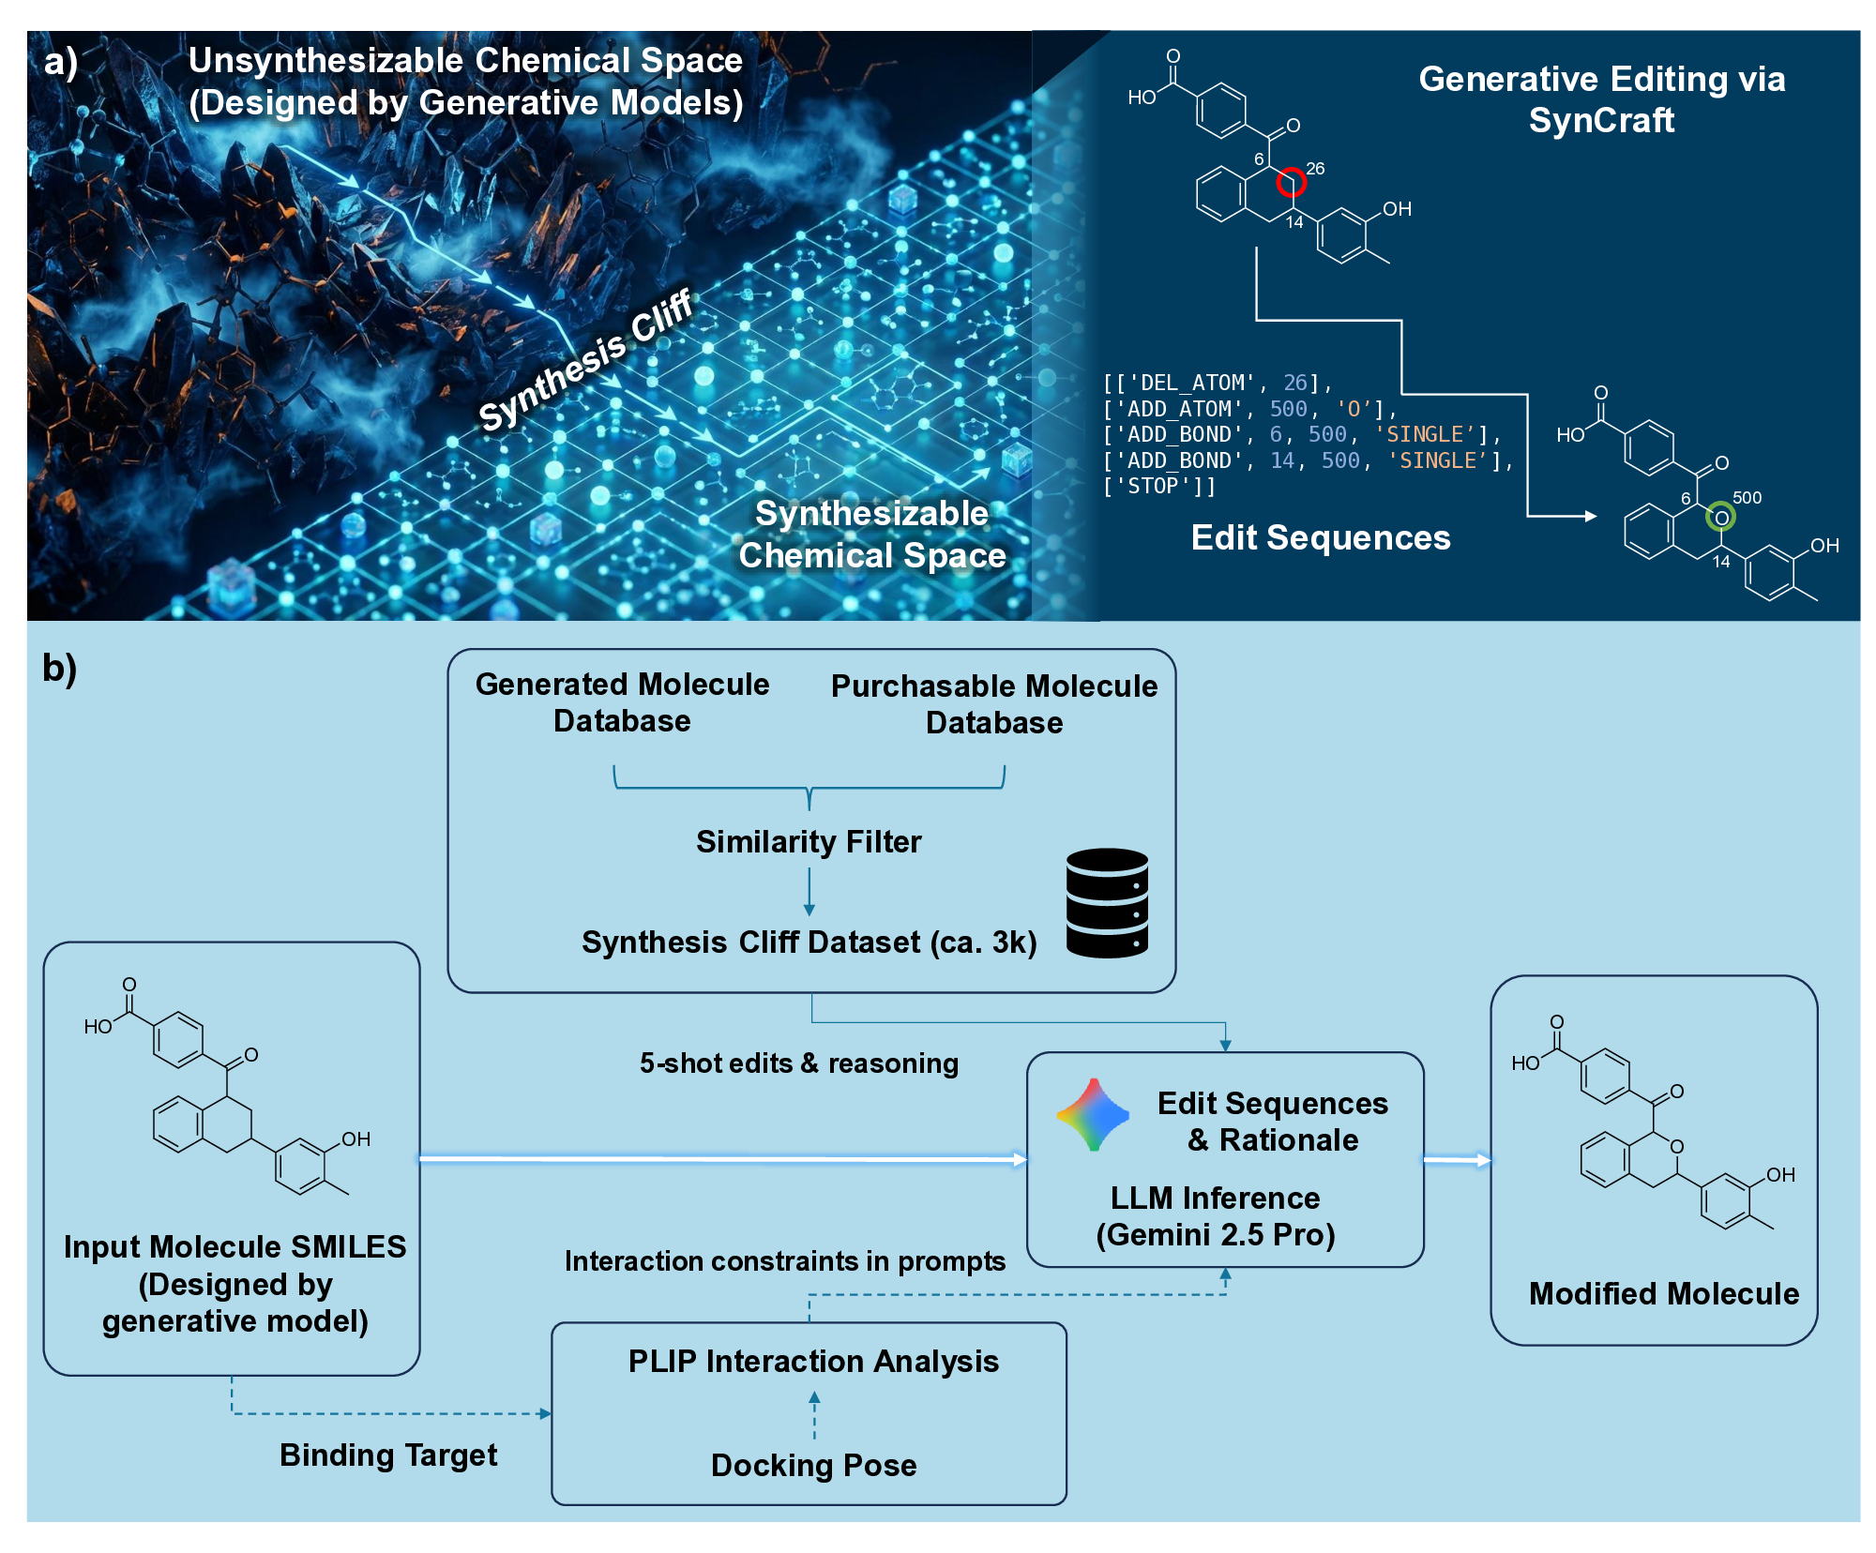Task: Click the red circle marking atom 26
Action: (x=1292, y=182)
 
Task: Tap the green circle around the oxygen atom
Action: (x=1720, y=517)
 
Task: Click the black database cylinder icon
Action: (x=1107, y=902)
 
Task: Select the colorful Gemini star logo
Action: (x=1093, y=1115)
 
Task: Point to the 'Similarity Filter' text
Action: (x=809, y=842)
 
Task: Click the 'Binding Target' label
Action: (x=388, y=1455)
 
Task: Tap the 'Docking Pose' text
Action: (x=813, y=1465)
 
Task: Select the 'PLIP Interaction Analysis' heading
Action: (x=813, y=1361)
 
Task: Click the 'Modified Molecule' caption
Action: (x=1663, y=1294)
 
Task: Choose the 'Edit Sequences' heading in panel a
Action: (x=1320, y=537)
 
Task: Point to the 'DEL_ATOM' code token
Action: (x=1186, y=383)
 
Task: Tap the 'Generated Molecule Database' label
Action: (x=622, y=702)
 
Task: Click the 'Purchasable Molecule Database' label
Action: (x=994, y=704)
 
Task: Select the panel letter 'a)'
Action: (x=60, y=62)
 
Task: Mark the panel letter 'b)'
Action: (x=59, y=668)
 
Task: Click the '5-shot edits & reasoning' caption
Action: (x=799, y=1063)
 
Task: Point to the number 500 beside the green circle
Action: (x=1747, y=498)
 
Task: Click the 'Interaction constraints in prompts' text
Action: (x=784, y=1261)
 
